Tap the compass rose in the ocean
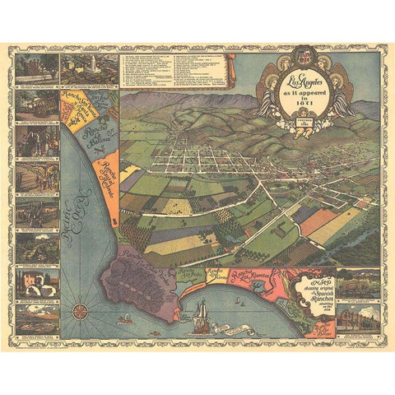click(x=81, y=310)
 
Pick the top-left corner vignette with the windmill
click(x=36, y=69)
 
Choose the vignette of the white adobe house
click(x=36, y=281)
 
